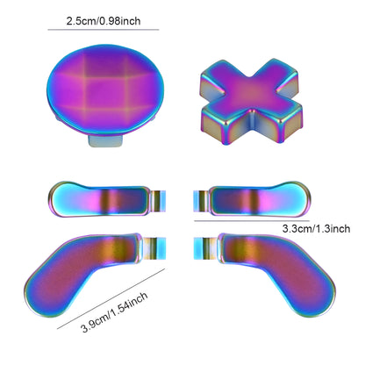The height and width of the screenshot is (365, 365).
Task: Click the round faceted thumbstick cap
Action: (106, 90)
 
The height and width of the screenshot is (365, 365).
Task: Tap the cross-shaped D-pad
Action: (251, 100)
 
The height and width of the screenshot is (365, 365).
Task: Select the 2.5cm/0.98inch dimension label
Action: (104, 21)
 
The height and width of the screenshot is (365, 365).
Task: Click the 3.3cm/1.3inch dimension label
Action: (316, 228)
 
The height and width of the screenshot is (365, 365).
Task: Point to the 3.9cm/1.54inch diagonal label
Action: (114, 312)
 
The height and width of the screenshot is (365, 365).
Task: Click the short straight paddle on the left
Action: (98, 199)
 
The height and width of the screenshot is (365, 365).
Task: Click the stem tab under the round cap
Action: (105, 141)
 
